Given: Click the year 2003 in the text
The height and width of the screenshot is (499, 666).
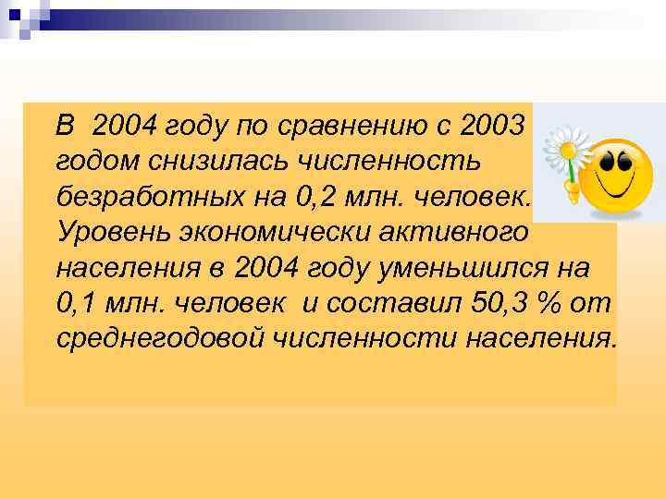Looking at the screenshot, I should click(493, 123).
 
